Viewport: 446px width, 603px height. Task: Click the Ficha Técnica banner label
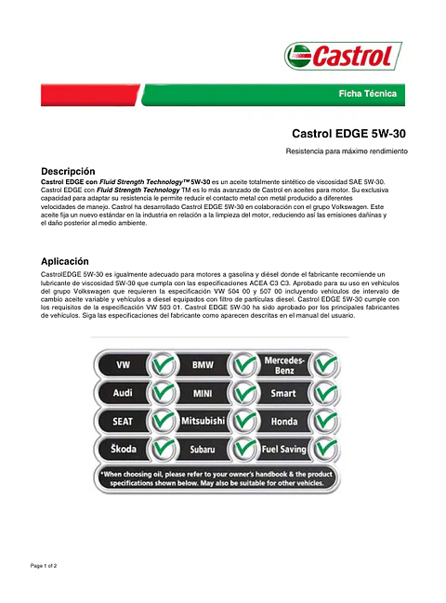pyautogui.click(x=367, y=94)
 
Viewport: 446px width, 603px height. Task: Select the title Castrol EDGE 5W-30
pyautogui.click(x=348, y=134)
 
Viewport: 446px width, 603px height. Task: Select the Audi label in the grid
pyautogui.click(x=122, y=392)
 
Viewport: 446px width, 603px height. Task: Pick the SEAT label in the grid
pyautogui.click(x=122, y=421)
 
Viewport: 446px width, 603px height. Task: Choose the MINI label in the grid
pyautogui.click(x=202, y=392)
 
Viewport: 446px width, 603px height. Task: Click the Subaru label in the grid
pyautogui.click(x=202, y=450)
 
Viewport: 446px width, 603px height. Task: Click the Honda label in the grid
pyautogui.click(x=285, y=421)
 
